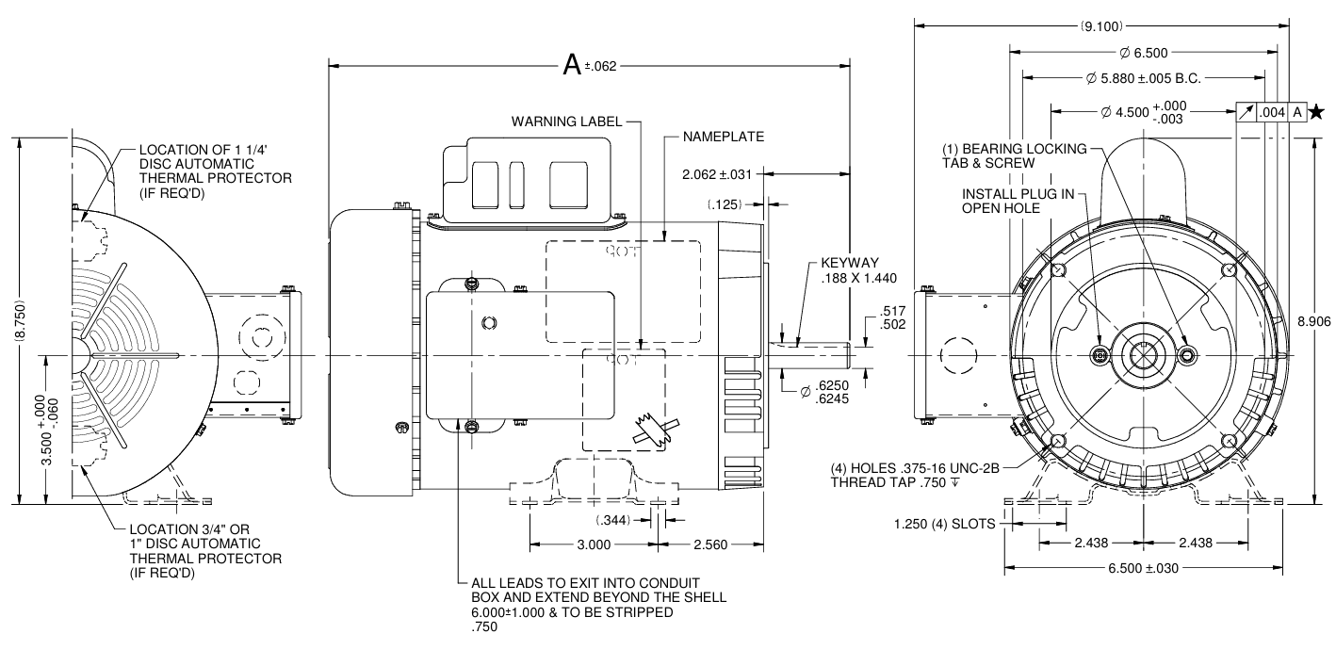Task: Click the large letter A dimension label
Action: click(x=572, y=64)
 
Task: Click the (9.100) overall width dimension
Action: click(x=1101, y=26)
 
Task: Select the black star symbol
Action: click(x=1316, y=112)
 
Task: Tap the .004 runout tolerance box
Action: click(x=1272, y=112)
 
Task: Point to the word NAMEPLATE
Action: click(x=724, y=137)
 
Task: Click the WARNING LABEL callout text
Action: click(x=566, y=122)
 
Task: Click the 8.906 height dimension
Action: click(x=1314, y=321)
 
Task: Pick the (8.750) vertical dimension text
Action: click(x=20, y=321)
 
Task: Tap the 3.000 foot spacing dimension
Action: click(x=595, y=544)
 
